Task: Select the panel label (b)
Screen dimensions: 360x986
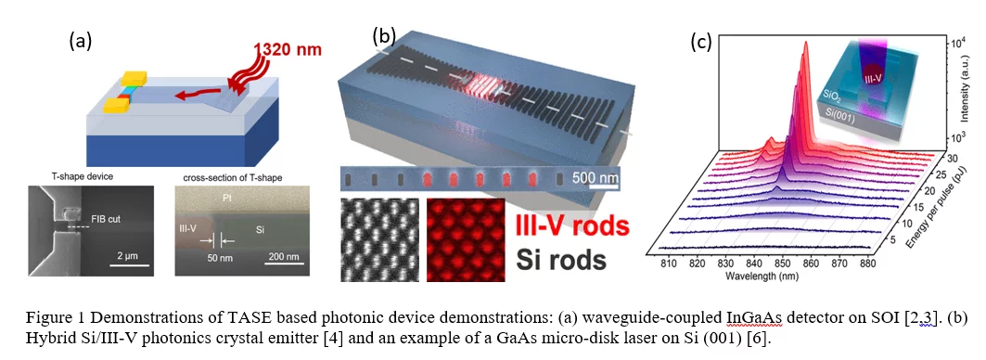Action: [383, 36]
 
